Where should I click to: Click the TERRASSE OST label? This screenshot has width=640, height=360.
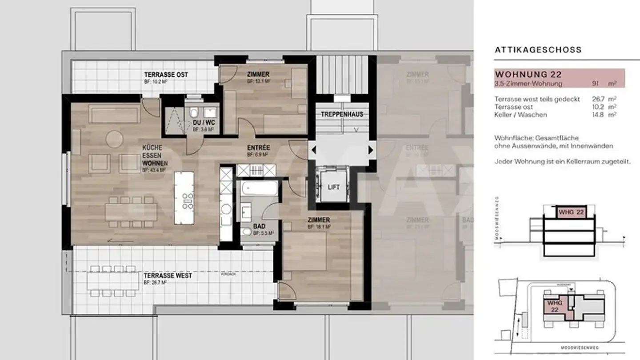point(166,75)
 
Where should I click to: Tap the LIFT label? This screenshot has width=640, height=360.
point(334,187)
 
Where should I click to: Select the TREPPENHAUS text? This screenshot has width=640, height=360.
point(342,114)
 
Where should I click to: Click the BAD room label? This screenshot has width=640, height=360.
point(259,226)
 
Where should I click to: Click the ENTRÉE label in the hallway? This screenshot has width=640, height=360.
point(258,148)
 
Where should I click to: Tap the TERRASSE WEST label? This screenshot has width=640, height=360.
point(168,276)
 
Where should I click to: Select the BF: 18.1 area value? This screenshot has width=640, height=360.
point(318,227)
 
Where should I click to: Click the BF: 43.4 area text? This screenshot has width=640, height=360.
point(154,170)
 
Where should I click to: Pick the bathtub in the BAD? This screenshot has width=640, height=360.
point(259,189)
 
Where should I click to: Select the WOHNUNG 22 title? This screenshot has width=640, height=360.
point(528,74)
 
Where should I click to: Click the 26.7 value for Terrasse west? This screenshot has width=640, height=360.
point(598,99)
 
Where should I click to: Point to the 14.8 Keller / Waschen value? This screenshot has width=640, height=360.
point(598,115)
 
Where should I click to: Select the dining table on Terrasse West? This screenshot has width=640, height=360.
point(112,280)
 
